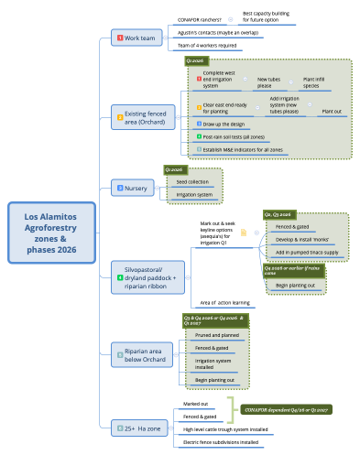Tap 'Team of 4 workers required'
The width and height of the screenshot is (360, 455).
pos(207,45)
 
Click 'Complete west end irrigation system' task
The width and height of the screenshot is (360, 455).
pos(221,79)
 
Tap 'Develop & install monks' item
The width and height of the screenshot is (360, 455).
pos(302,238)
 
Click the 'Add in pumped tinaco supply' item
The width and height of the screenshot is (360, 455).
pos(306,252)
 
